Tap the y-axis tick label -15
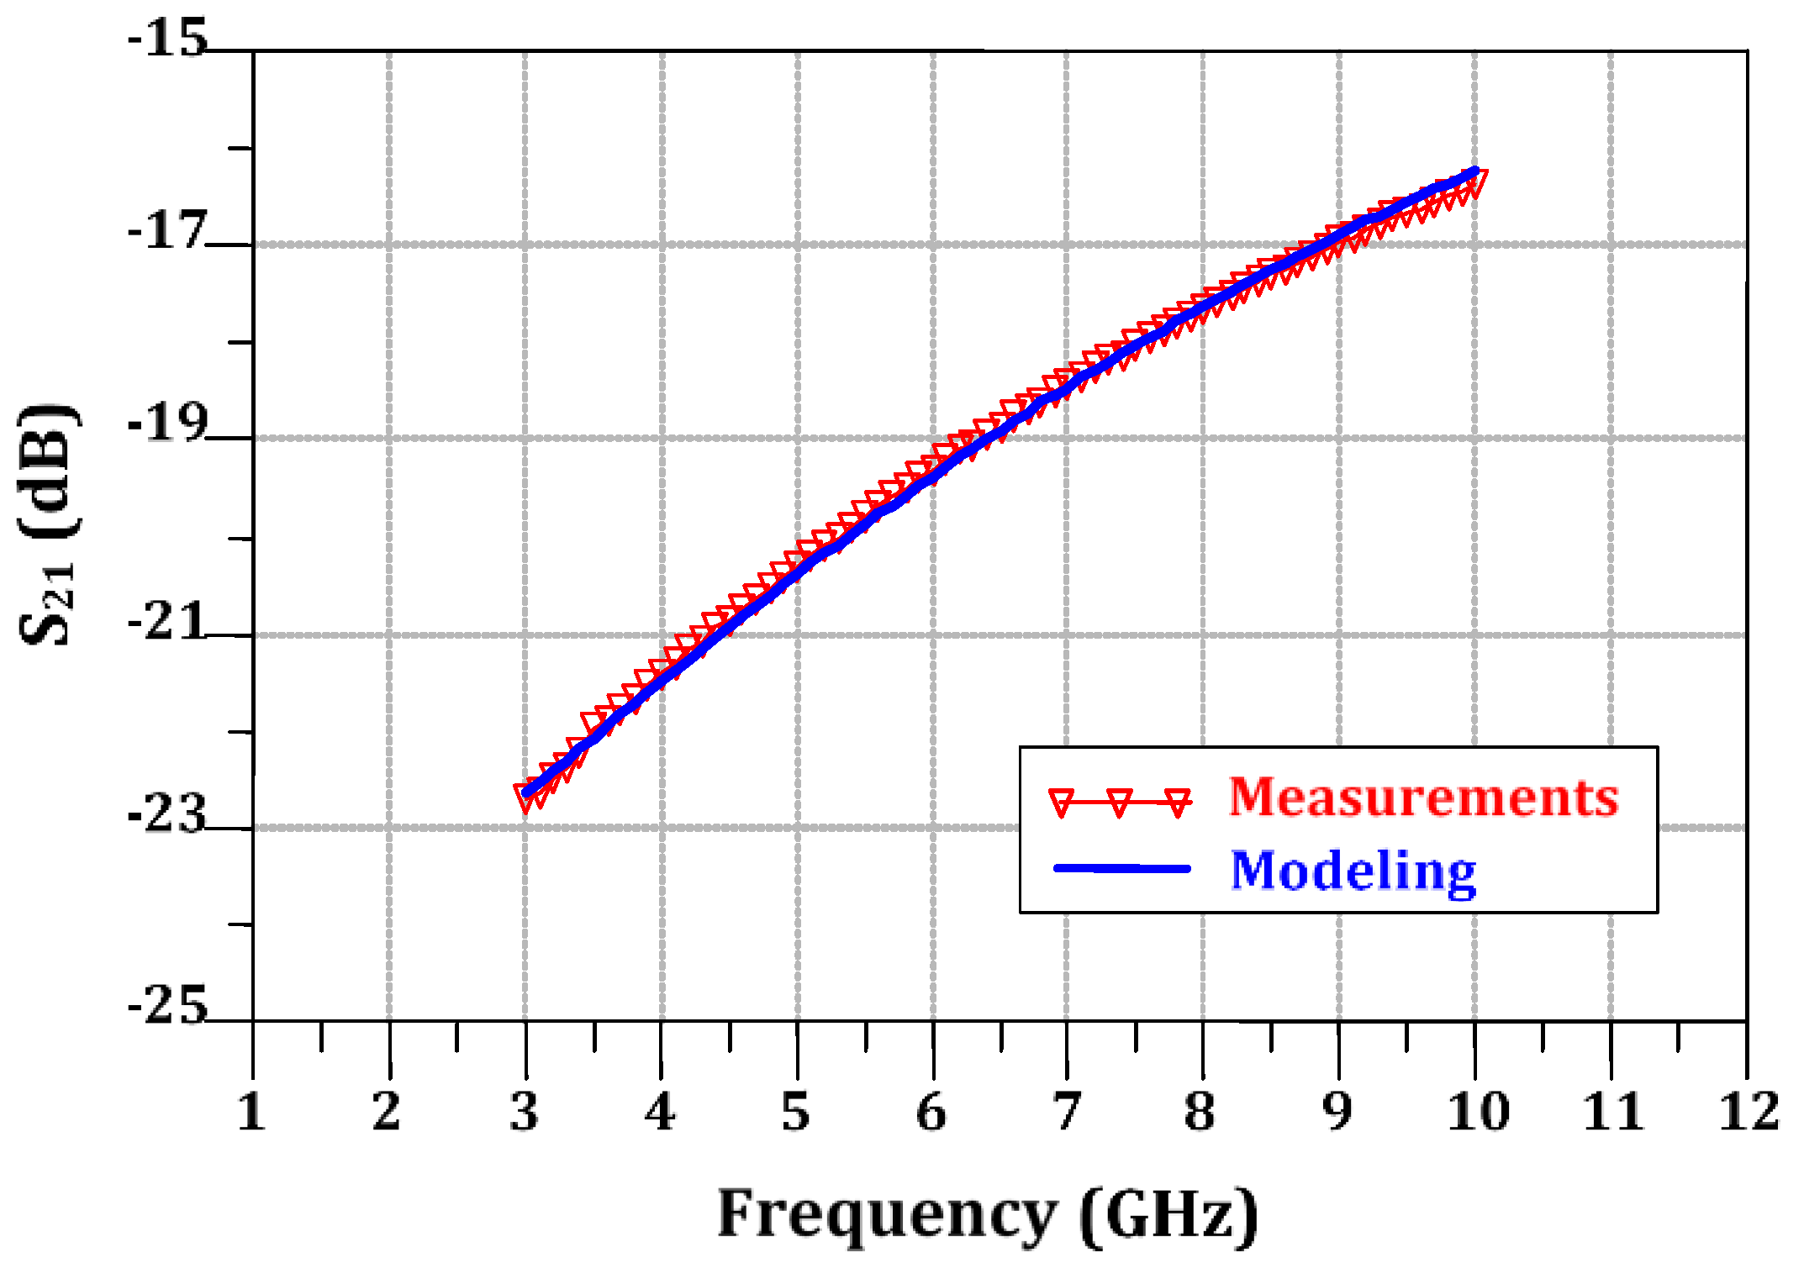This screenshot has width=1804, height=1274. [x=167, y=39]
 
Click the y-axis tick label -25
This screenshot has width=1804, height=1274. [x=167, y=1005]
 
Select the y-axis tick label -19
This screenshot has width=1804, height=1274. [x=167, y=424]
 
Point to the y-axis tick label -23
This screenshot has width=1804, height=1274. [x=167, y=813]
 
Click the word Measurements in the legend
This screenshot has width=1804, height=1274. [x=1423, y=797]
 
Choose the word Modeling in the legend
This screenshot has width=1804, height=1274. [x=1353, y=871]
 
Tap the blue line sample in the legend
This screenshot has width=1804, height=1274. [x=1121, y=868]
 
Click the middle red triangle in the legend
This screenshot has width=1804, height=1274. [x=1120, y=802]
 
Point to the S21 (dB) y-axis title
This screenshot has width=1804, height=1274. [x=49, y=524]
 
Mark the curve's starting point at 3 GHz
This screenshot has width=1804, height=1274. [x=526, y=792]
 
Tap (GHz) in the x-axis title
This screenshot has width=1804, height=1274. [x=1169, y=1215]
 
